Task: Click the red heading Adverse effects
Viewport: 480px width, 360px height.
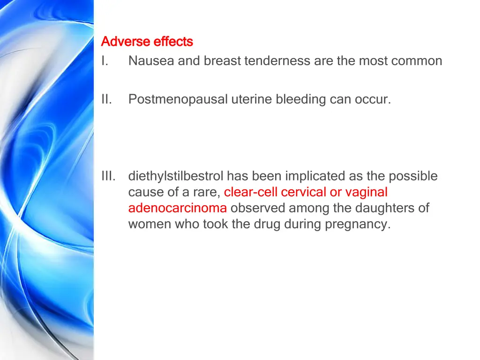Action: pos(147,42)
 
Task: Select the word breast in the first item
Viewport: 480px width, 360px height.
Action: pos(222,61)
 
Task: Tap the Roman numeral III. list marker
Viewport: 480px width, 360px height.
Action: pos(108,176)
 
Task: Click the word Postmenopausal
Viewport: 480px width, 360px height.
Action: pos(178,99)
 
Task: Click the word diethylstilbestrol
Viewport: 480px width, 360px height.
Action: pos(176,176)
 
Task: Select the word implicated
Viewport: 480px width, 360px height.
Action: pos(315,176)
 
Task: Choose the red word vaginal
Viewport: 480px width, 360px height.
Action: pos(367,192)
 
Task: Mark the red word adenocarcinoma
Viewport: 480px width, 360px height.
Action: pos(177,208)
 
